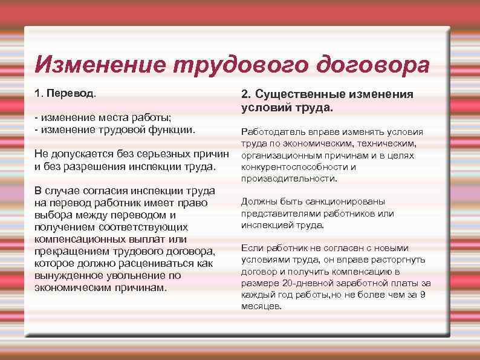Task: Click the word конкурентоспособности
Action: (x=293, y=167)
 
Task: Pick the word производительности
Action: (x=288, y=178)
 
